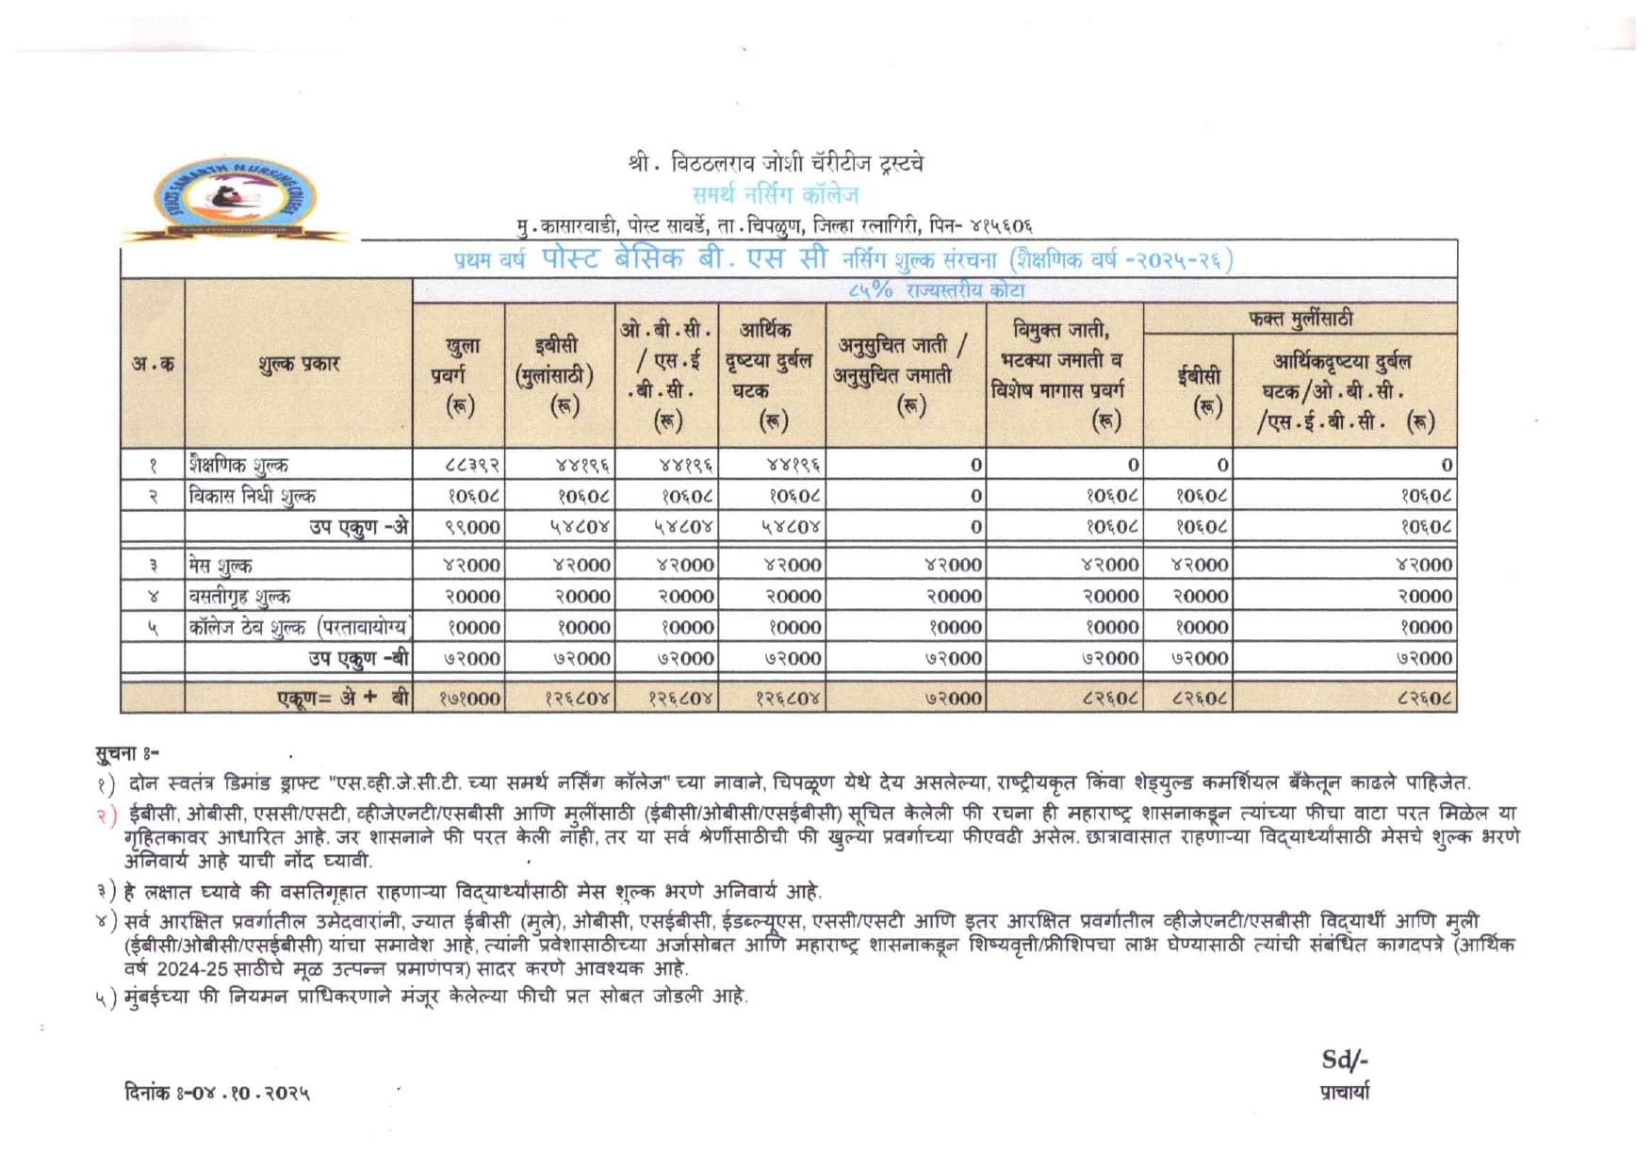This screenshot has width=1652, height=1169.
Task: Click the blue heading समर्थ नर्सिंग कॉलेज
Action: pyautogui.click(x=776, y=195)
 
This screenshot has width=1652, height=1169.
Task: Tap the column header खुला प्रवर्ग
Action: pyautogui.click(x=460, y=375)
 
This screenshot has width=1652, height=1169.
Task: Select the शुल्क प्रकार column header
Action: pyautogui.click(x=298, y=364)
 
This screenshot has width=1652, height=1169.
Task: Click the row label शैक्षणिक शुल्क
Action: pyautogui.click(x=238, y=465)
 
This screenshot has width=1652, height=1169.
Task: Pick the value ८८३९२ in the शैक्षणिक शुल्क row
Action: pyautogui.click(x=471, y=465)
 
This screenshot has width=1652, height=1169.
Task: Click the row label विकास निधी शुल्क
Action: pyautogui.click(x=252, y=496)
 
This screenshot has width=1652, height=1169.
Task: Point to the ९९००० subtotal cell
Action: pyautogui.click(x=471, y=527)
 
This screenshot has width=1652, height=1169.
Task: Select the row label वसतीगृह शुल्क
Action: pyautogui.click(x=239, y=596)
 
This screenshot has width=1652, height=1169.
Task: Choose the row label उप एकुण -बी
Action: pyautogui.click(x=358, y=658)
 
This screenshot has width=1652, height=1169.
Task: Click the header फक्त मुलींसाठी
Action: pyautogui.click(x=1300, y=319)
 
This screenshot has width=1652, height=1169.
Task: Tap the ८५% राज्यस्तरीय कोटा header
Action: pyautogui.click(x=935, y=290)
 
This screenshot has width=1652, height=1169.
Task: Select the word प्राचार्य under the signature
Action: pyautogui.click(x=1345, y=1093)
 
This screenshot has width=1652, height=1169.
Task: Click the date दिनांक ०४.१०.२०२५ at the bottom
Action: pyautogui.click(x=217, y=1093)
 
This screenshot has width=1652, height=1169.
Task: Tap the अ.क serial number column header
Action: pyautogui.click(x=153, y=364)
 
